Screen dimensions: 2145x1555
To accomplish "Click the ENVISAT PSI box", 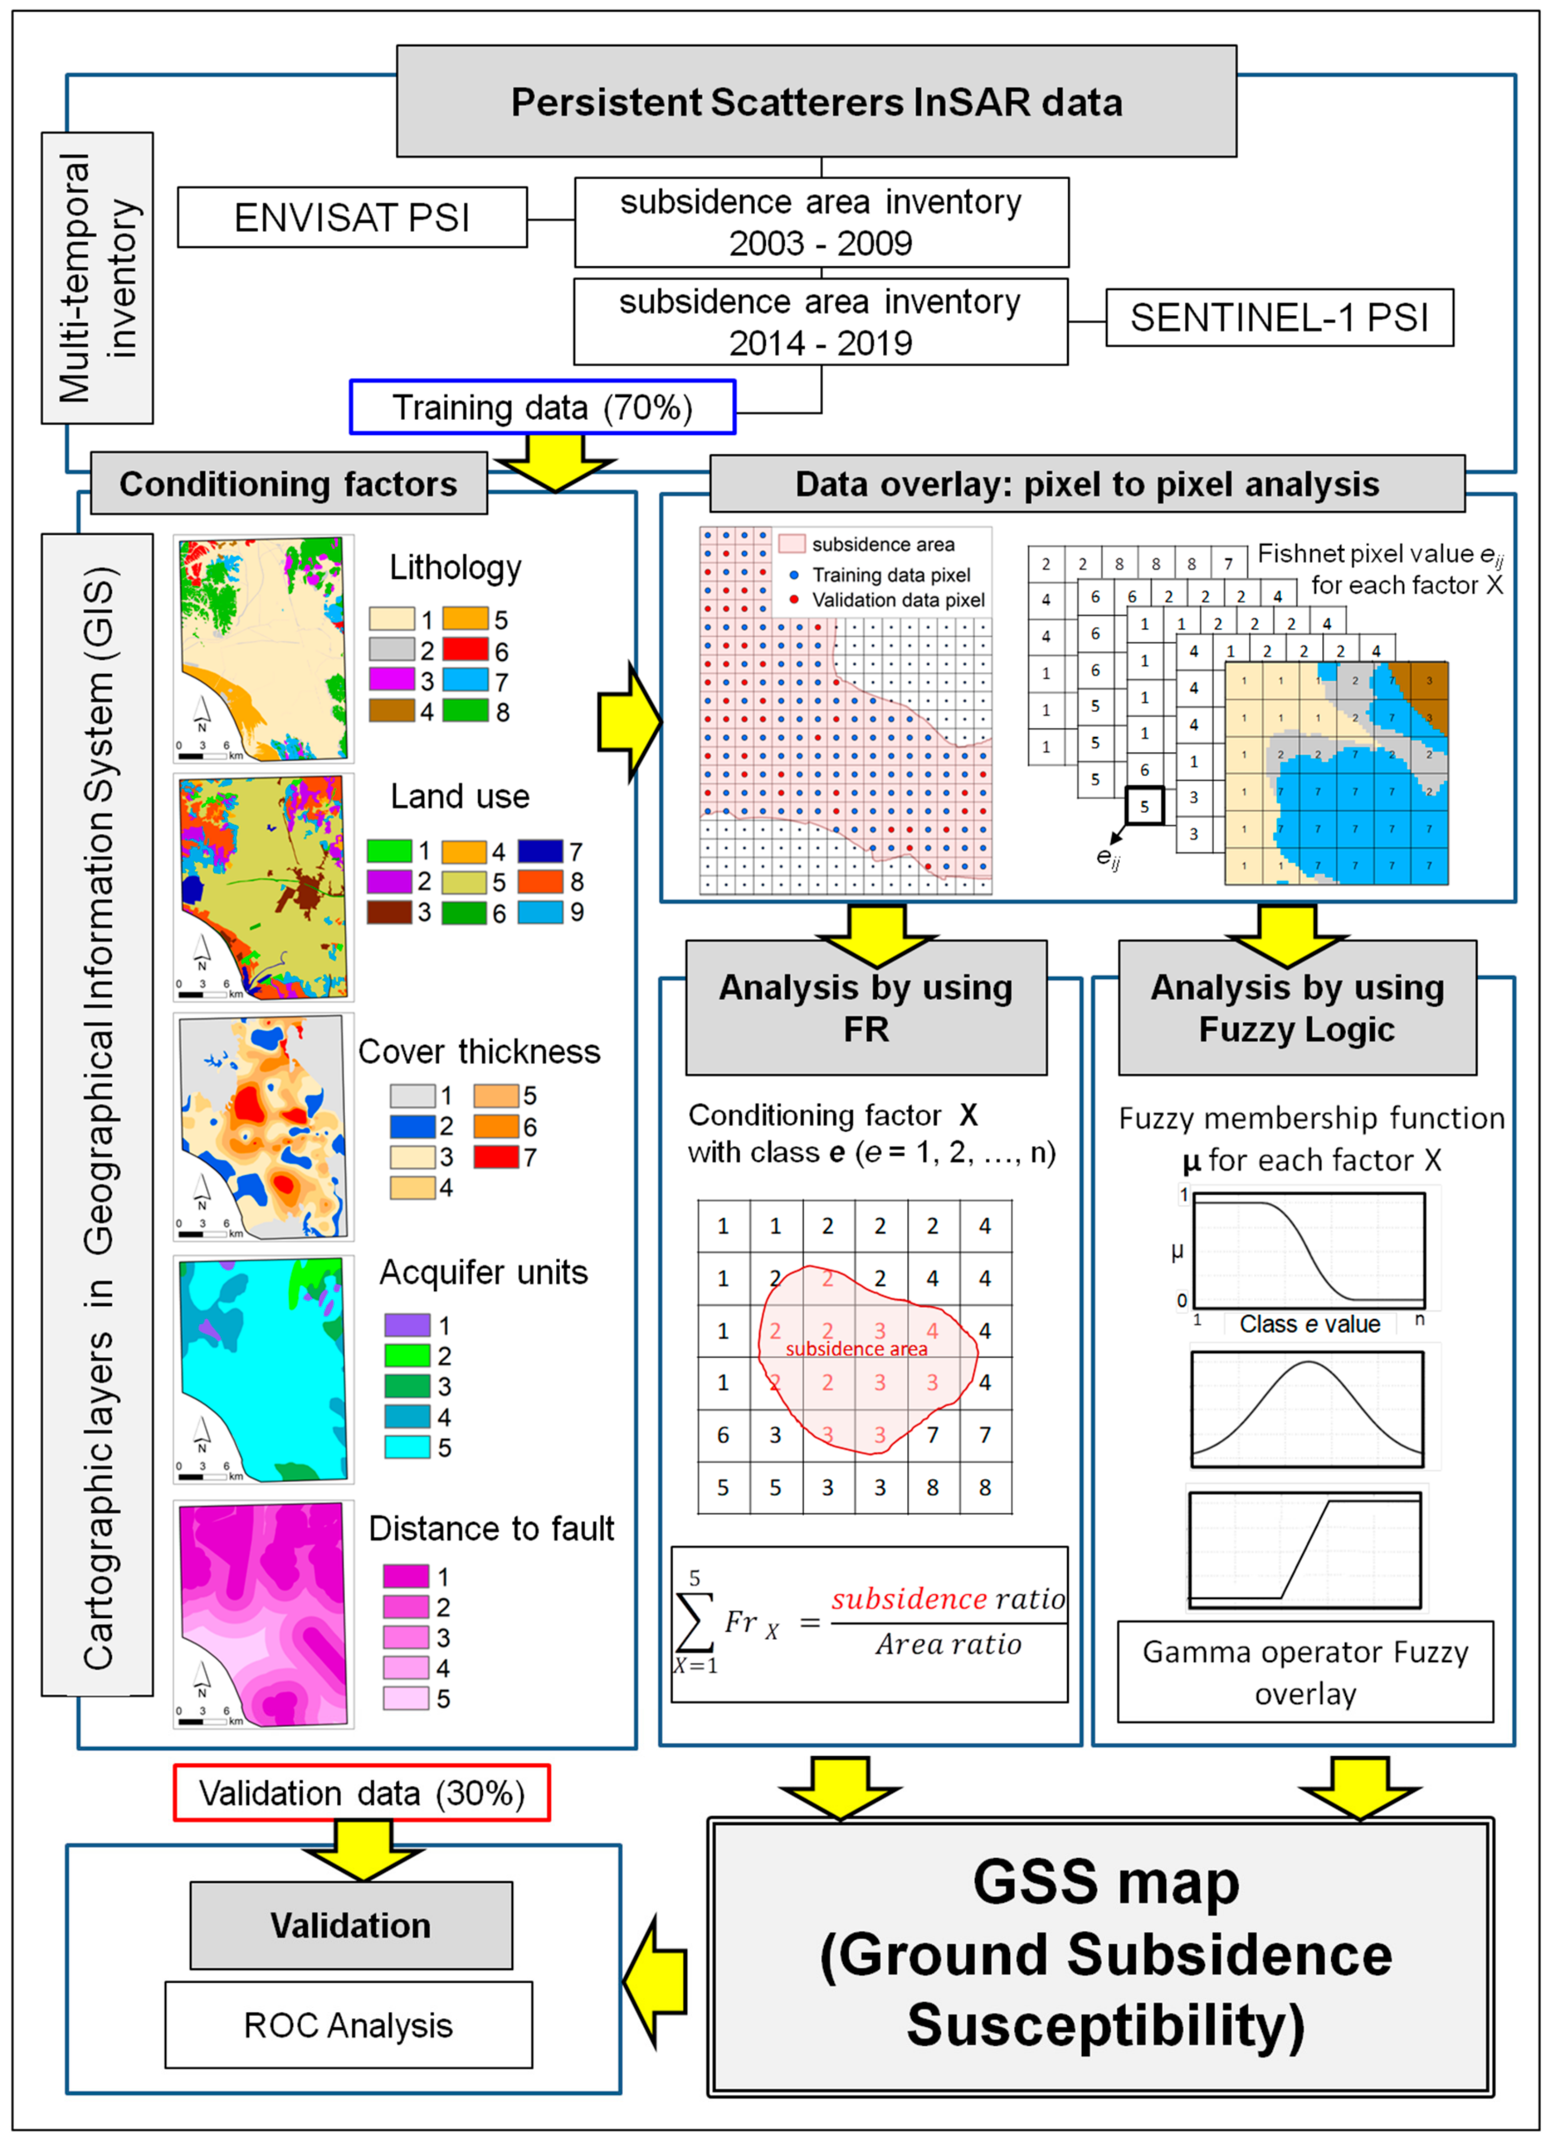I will (x=352, y=218).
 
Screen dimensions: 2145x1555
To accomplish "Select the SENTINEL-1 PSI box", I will (x=1279, y=318).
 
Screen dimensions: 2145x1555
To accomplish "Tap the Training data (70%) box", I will (x=542, y=407).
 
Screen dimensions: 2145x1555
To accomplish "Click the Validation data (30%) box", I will (x=361, y=1793).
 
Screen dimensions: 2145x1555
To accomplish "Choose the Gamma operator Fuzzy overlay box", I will (x=1305, y=1672).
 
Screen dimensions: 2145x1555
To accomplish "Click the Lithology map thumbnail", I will (x=263, y=649).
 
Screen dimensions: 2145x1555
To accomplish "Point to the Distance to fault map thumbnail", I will (x=263, y=1613).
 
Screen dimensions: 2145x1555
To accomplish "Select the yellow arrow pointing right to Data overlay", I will (x=629, y=724).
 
